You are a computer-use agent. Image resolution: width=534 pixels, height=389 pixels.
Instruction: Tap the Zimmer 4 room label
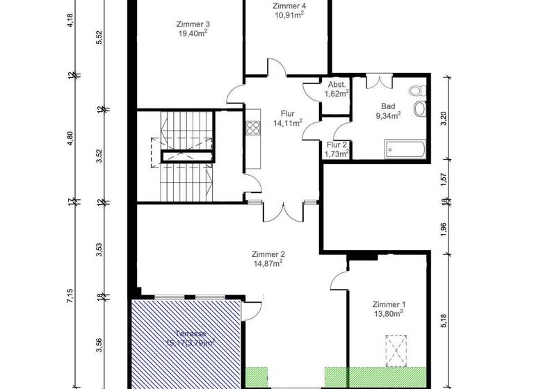288,10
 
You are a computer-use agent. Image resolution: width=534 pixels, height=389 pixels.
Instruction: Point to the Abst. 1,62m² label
336,89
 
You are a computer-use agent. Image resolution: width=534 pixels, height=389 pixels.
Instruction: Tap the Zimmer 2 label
268,258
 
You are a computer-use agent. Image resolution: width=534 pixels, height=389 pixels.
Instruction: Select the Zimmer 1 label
388,308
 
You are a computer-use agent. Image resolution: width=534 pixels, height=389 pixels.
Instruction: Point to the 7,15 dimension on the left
70,299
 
